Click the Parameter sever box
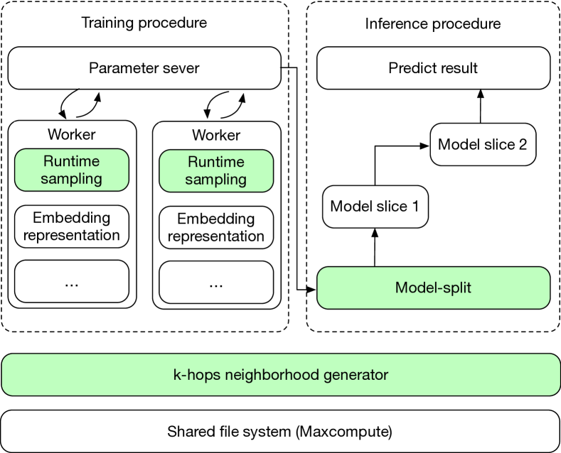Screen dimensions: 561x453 tap(144, 68)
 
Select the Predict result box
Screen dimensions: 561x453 tap(433, 68)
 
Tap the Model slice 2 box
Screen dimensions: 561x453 tap(483, 144)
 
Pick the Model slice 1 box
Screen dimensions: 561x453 tap(375, 207)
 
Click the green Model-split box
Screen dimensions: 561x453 tap(433, 288)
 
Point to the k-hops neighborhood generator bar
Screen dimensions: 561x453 tap(280, 375)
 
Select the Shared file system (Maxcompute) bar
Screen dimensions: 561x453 tap(280, 431)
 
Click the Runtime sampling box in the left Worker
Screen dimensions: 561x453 tap(72, 170)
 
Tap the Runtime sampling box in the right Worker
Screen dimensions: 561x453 tap(216, 171)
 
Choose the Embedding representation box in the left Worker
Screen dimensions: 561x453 tap(72, 226)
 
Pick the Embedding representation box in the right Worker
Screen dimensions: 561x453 tap(216, 228)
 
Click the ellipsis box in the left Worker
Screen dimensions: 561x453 tap(72, 281)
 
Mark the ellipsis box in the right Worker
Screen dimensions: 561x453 tap(216, 282)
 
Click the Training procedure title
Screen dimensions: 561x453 tap(144, 23)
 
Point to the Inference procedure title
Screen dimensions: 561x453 tap(433, 24)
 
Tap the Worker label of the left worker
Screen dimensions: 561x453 tap(72, 134)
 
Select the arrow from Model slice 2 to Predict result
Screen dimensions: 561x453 tap(481, 107)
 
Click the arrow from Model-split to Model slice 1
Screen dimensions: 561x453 tap(375, 248)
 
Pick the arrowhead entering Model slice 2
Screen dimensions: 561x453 tap(424, 146)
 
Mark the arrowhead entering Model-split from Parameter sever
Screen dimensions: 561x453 tap(311, 290)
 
